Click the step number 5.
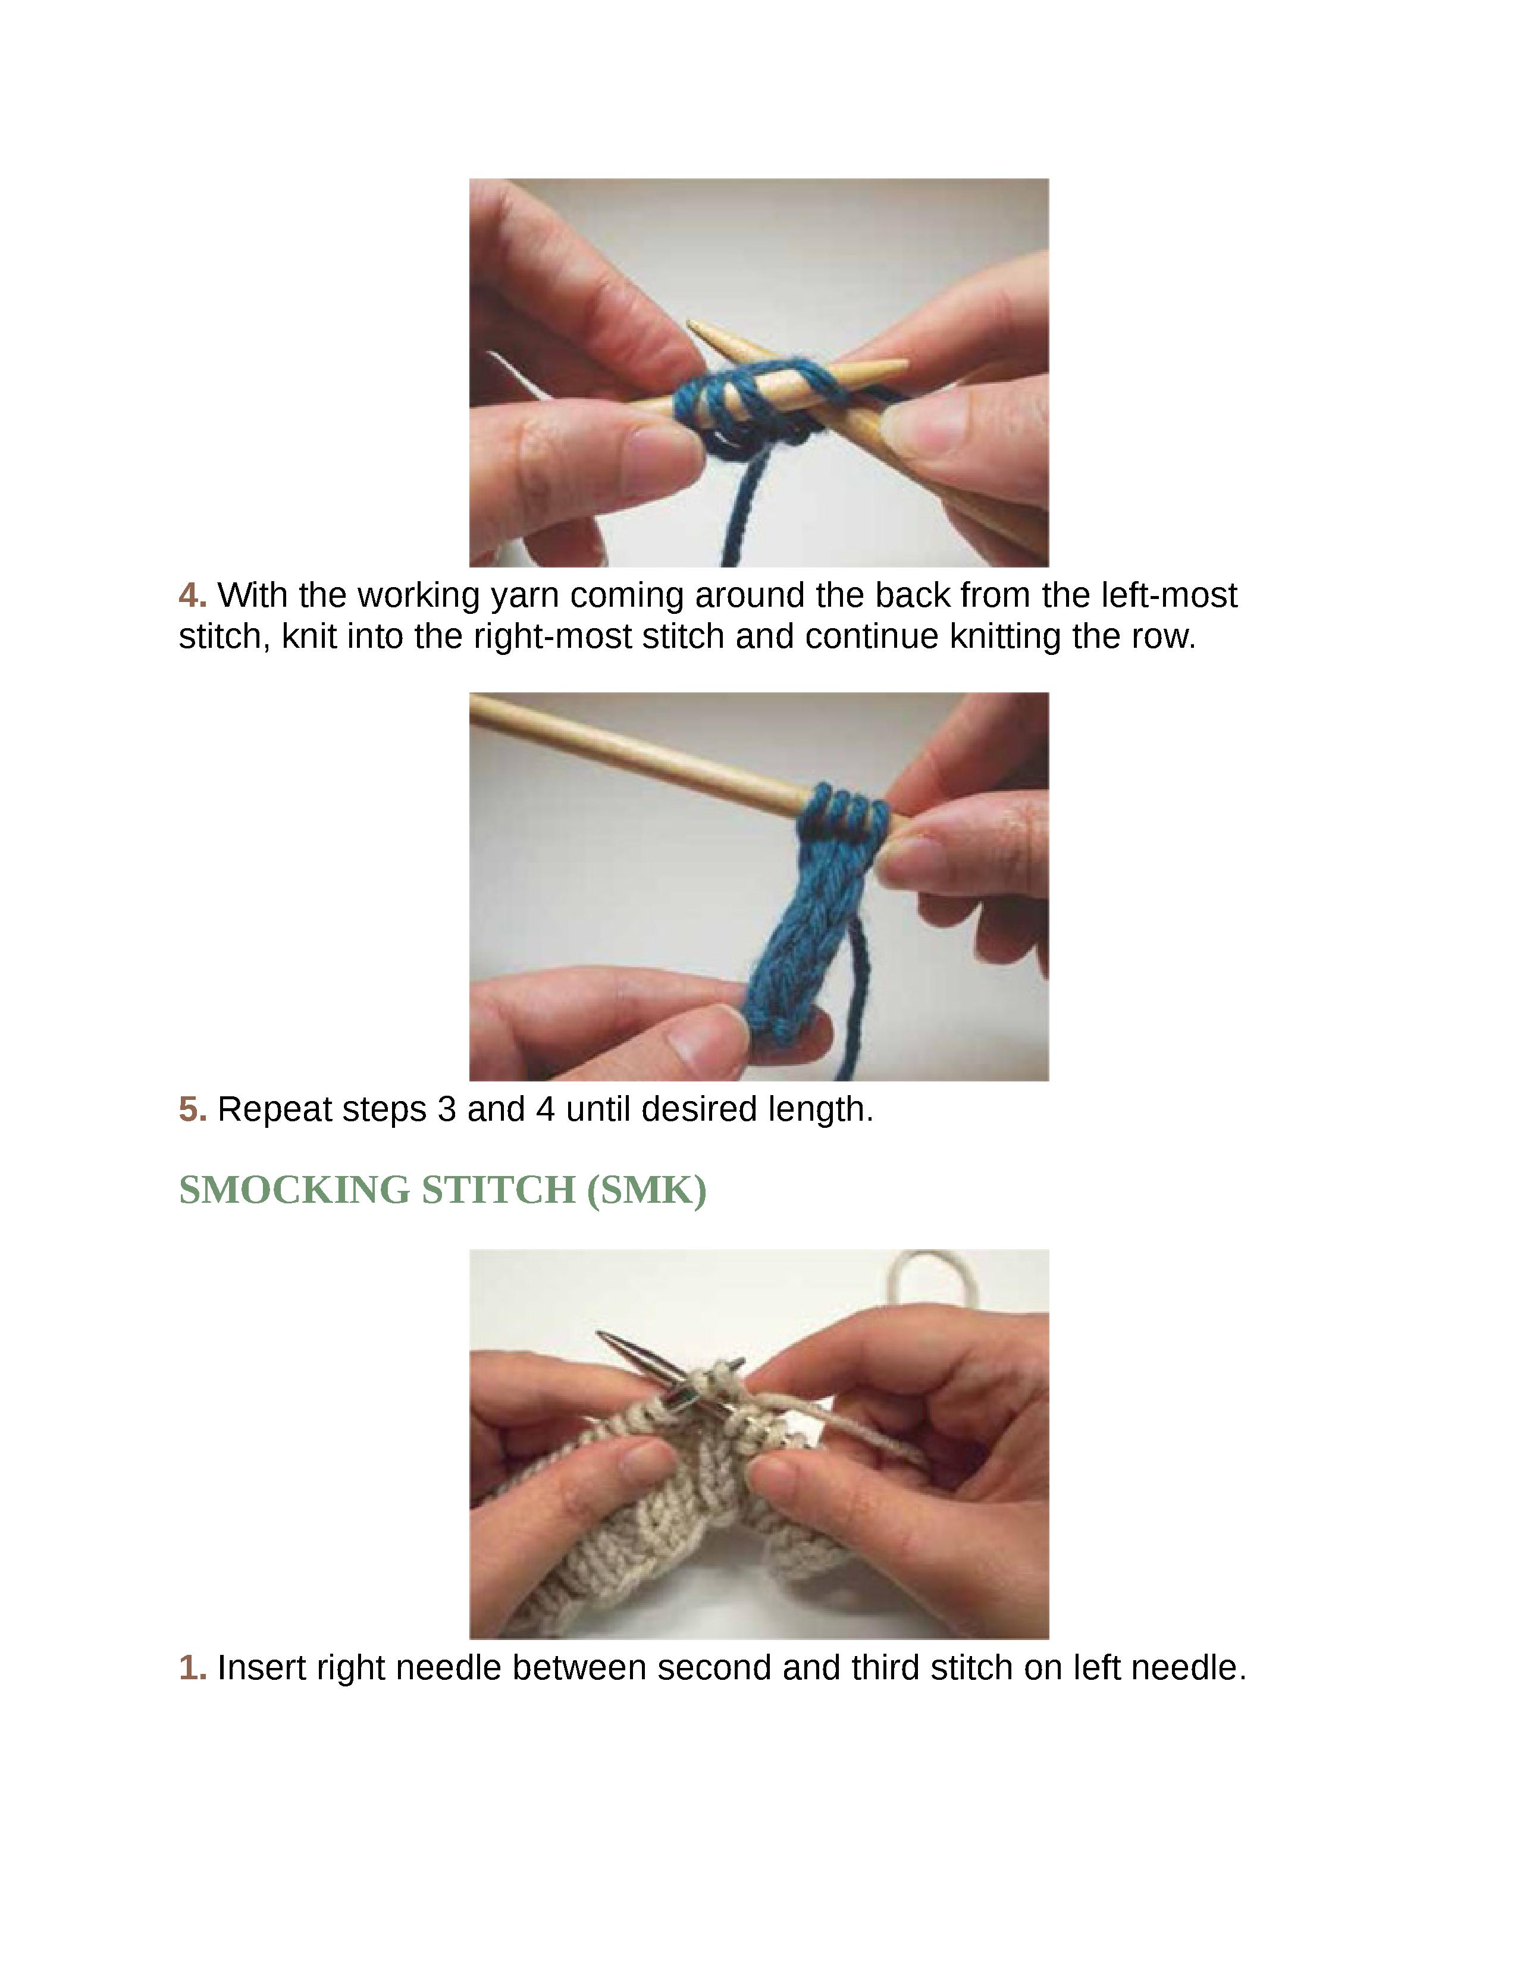192,1110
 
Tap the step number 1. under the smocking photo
192,1668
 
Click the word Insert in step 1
261,1668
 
